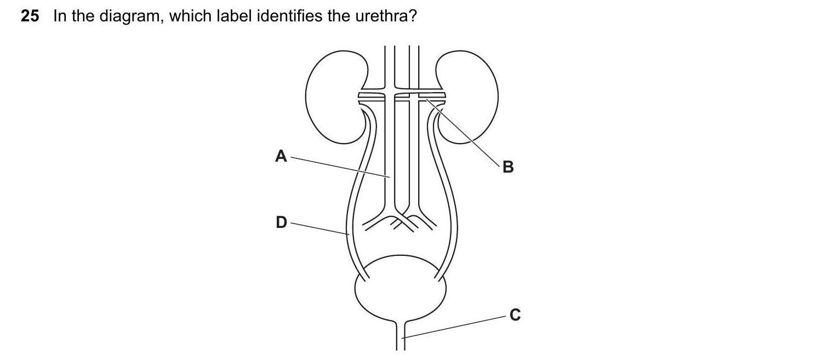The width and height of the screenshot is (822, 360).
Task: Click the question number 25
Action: [x=30, y=16]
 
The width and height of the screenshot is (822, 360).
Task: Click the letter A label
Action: [x=281, y=156]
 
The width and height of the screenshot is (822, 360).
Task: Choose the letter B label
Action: [x=508, y=167]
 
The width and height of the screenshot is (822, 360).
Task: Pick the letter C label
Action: [x=515, y=315]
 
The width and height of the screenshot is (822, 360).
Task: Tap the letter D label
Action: [x=281, y=222]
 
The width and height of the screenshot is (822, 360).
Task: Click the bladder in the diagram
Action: [x=401, y=288]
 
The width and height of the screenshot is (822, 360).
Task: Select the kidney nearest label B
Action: [x=467, y=97]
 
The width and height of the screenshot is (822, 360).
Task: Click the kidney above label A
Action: [x=336, y=97]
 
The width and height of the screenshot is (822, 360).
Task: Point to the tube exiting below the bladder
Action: [x=401, y=336]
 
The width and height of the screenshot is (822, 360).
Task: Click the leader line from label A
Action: [x=340, y=167]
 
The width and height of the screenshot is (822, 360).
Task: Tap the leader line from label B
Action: [x=463, y=133]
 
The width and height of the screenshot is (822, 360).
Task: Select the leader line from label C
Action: [x=454, y=327]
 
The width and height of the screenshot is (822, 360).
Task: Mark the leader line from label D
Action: [x=320, y=228]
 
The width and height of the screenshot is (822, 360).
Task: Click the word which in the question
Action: [x=190, y=16]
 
